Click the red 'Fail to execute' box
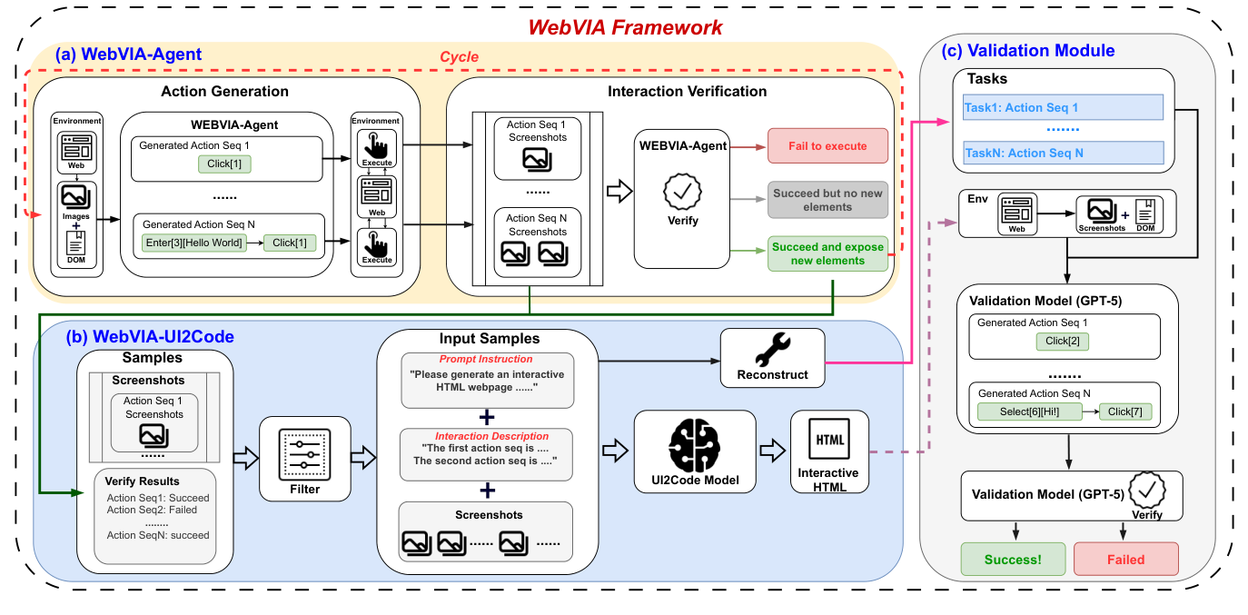pyautogui.click(x=827, y=145)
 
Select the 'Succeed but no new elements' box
pyautogui.click(x=827, y=200)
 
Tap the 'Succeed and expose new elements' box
pyautogui.click(x=827, y=253)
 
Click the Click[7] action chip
pyautogui.click(x=1125, y=412)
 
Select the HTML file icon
pyautogui.click(x=828, y=441)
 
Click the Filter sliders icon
pyautogui.click(x=304, y=451)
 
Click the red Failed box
pyautogui.click(x=1126, y=560)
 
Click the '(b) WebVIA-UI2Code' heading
pyautogui.click(x=150, y=336)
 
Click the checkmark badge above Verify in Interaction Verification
pyautogui.click(x=683, y=192)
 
